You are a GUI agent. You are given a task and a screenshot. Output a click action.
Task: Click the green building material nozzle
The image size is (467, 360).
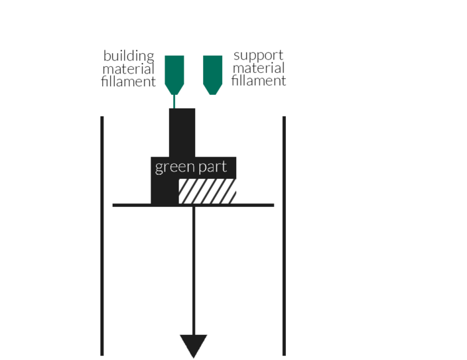[x=174, y=75]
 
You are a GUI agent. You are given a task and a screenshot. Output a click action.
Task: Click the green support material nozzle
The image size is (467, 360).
[x=213, y=75]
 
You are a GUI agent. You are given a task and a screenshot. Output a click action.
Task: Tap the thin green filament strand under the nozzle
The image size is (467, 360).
[x=174, y=101]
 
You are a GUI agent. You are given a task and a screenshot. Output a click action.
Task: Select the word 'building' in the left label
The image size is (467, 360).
[x=129, y=56]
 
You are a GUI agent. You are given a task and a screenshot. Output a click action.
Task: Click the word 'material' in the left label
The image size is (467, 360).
[x=129, y=69]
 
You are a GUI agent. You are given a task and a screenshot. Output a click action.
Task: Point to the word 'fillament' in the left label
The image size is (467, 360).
[x=129, y=82]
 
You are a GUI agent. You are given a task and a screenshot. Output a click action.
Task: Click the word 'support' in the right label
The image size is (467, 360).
[x=258, y=56]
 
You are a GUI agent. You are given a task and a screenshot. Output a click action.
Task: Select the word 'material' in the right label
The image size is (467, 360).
[x=259, y=68]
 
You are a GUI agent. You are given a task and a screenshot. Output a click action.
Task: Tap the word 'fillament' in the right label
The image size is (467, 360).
[x=259, y=80]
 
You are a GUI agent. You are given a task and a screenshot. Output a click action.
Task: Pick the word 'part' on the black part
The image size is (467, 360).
[x=213, y=167]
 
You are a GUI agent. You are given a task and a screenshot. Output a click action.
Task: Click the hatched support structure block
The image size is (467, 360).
[x=207, y=191]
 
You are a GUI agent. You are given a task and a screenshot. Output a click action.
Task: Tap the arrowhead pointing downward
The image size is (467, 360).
[x=194, y=345]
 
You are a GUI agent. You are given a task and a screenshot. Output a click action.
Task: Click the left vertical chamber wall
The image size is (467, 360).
[x=102, y=236]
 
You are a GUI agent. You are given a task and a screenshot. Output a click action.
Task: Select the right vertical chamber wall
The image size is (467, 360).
[x=284, y=236]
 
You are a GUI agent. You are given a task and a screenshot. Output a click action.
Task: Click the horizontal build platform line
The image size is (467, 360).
[x=193, y=205]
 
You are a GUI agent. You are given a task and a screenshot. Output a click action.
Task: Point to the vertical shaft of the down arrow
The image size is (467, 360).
[x=194, y=270]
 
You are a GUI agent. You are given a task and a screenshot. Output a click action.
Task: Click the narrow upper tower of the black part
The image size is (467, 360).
[x=182, y=133]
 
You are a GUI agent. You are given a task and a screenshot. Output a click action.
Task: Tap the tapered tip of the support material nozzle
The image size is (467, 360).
[x=213, y=90]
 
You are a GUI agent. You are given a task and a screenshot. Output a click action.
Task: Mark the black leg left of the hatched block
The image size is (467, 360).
[x=165, y=191]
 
